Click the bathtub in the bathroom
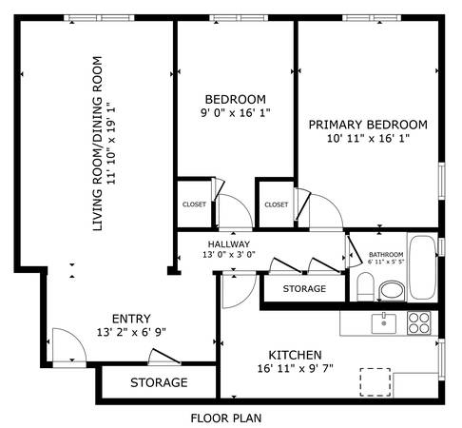coord(422,267)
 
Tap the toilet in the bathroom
coord(365,286)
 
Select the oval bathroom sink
coord(393,290)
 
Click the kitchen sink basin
coord(384,323)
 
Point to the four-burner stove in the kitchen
coord(419,323)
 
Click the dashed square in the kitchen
coord(375,382)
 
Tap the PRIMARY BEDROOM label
coord(368,125)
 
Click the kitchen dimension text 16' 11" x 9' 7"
coord(295,368)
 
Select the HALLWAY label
coord(229,244)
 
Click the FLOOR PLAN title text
coord(226,418)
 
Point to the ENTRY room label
coord(131,319)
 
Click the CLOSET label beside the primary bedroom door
coord(277,204)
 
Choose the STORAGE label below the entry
coord(159,382)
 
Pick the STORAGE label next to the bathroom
coord(304,289)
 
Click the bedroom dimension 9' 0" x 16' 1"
coord(236,113)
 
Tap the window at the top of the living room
coord(99,18)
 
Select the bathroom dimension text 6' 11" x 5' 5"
coord(386,263)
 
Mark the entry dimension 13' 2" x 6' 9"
coord(131,332)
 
